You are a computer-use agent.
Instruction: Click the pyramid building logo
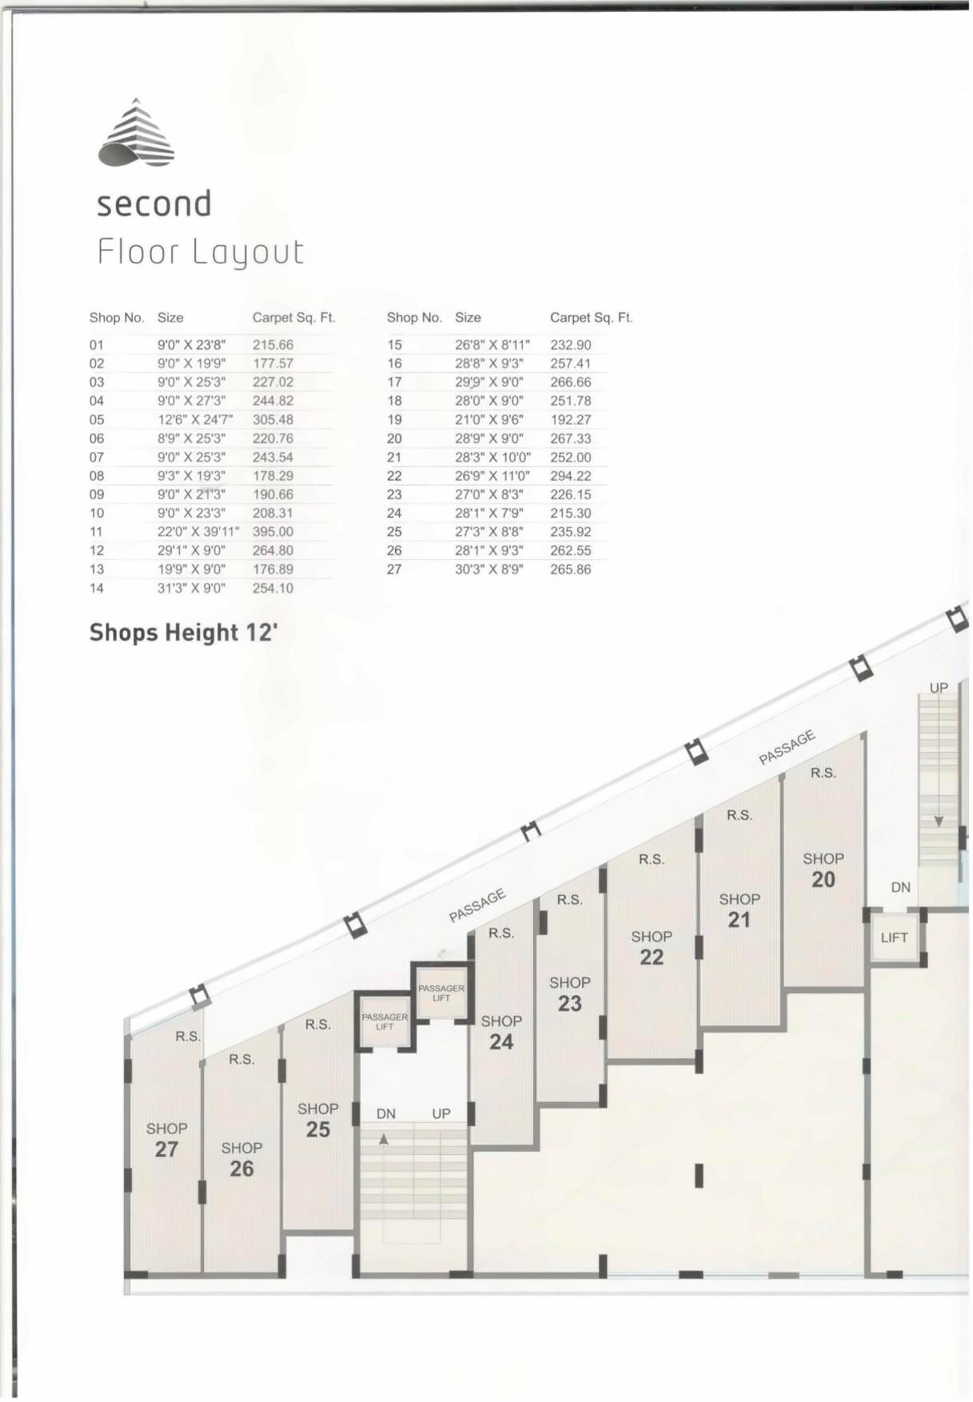click(136, 134)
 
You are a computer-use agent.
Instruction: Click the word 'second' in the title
click(154, 204)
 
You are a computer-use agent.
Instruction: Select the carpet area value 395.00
click(273, 532)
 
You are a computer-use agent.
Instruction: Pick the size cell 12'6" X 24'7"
click(195, 420)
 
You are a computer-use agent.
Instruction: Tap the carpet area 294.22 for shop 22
click(570, 476)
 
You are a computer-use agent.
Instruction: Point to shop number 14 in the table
click(97, 589)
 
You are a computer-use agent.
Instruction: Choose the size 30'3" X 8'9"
click(489, 569)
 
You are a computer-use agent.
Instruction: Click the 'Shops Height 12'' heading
click(183, 633)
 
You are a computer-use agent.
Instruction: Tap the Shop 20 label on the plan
click(823, 870)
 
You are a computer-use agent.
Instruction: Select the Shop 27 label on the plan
click(166, 1140)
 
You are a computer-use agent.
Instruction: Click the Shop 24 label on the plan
click(501, 1033)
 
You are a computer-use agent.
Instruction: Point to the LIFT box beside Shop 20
click(894, 937)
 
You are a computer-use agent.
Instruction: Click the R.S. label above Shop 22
click(651, 860)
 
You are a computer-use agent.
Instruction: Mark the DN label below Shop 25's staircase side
click(385, 1114)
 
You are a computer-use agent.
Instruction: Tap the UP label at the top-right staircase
click(939, 688)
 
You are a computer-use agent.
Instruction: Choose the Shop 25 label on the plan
click(317, 1120)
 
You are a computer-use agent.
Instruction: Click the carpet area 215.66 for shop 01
click(273, 346)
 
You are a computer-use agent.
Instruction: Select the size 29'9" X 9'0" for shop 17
click(489, 382)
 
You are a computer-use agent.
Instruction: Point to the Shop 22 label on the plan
click(651, 948)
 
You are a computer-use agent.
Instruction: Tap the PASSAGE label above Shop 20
click(787, 747)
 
